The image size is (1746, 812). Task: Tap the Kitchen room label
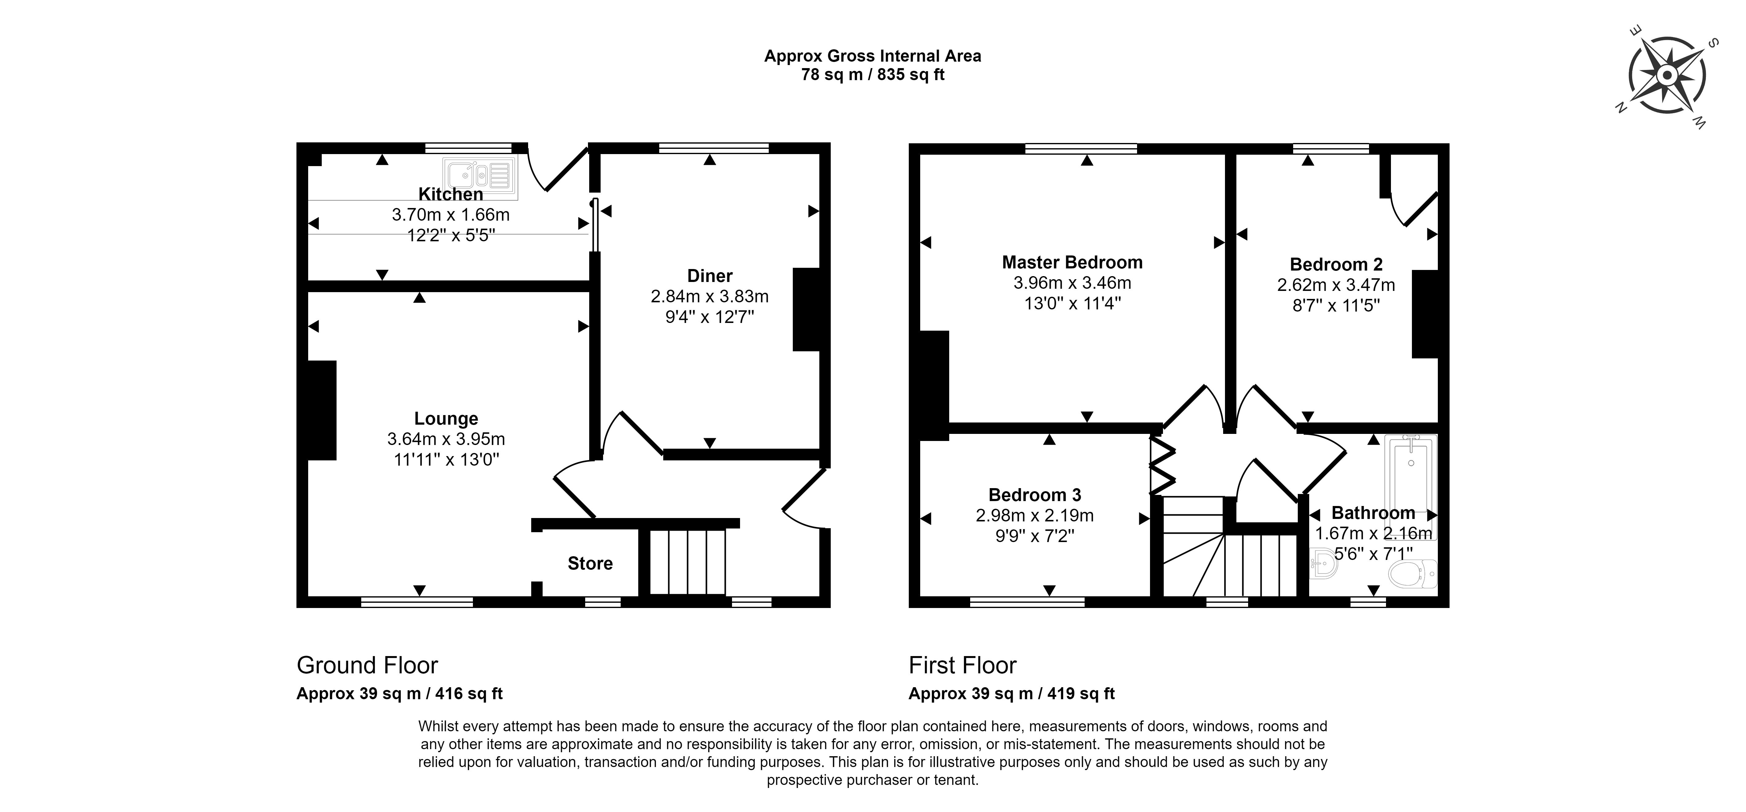451,194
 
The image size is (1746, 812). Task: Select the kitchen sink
480,177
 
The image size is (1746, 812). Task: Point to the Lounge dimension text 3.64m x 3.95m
446,439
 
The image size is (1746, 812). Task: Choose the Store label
590,563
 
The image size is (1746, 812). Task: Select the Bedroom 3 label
1035,495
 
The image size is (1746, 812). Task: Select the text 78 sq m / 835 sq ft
873,75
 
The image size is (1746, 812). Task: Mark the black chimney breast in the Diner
807,309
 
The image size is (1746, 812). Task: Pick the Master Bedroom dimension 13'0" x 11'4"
1072,304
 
